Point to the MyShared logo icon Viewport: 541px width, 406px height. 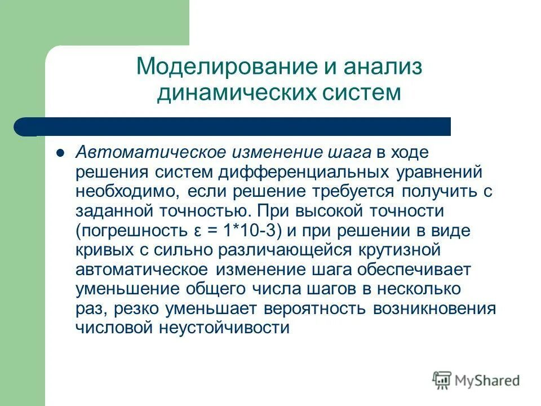point(442,381)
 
